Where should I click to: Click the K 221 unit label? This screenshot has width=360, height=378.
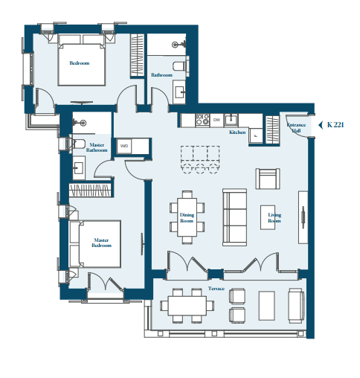(335, 124)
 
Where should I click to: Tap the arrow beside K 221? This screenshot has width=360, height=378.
(321, 125)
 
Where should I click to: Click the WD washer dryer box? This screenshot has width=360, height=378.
(124, 146)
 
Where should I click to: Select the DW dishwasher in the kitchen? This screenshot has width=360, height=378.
(216, 120)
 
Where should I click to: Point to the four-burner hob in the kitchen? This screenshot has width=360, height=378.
(202, 120)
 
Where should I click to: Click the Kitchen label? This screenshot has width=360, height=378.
(237, 132)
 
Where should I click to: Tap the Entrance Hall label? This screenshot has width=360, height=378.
(296, 127)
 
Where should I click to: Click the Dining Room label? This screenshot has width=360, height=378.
(187, 218)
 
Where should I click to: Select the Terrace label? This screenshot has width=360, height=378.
(216, 289)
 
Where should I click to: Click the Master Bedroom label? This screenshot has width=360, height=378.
(101, 243)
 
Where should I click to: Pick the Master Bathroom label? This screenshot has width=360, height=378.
(97, 147)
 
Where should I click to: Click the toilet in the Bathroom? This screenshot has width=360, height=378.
(180, 66)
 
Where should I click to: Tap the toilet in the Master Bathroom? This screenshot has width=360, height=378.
(78, 144)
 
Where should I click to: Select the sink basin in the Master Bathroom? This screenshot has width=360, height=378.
(79, 167)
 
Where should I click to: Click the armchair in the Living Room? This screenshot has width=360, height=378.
(268, 179)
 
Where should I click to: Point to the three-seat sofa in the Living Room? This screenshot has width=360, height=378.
(234, 217)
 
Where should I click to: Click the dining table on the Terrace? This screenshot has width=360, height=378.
(187, 306)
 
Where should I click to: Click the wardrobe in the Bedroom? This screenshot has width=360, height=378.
(138, 55)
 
